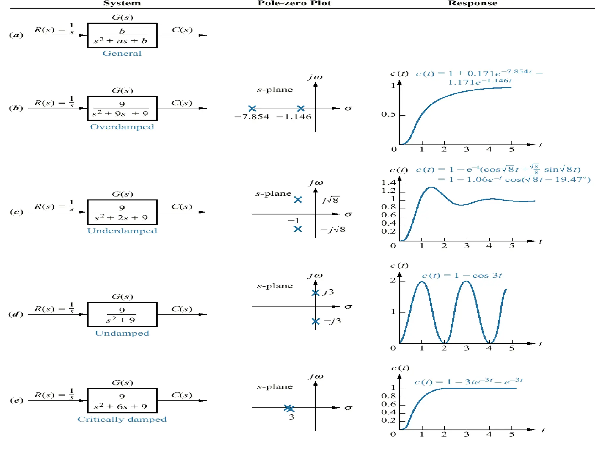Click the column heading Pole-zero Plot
(x=294, y=3)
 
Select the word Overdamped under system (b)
(x=122, y=127)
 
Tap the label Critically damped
(x=122, y=419)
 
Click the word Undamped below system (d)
(x=122, y=333)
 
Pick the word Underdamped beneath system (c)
(x=122, y=231)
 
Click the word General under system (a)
(x=122, y=54)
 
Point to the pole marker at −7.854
(x=252, y=108)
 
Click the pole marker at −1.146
(x=301, y=108)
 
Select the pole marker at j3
(x=315, y=293)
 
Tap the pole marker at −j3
(x=315, y=321)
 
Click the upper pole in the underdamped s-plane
(x=298, y=200)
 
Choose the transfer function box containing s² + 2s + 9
(x=122, y=212)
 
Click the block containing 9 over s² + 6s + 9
(x=122, y=400)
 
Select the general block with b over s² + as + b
(x=122, y=35)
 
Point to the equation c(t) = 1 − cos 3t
(x=462, y=276)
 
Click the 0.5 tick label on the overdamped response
(x=388, y=115)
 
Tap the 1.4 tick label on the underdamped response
(x=389, y=182)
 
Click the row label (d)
(x=16, y=314)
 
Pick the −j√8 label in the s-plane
(x=333, y=230)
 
